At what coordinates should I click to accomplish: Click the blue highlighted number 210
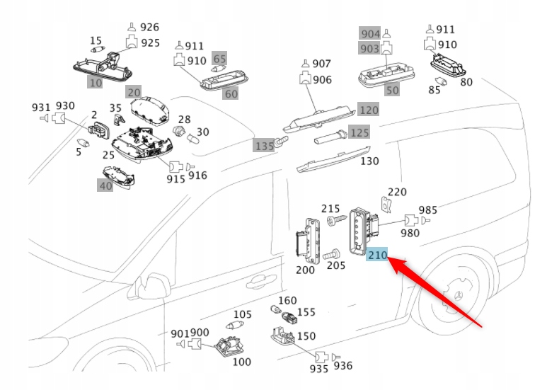tap(376, 256)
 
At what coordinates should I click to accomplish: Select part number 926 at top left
tap(149, 28)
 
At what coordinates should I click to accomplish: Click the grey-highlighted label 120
tap(369, 110)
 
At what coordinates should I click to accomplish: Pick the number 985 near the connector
tap(427, 210)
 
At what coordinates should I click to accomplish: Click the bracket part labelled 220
tap(387, 205)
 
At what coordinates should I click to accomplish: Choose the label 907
tap(322, 64)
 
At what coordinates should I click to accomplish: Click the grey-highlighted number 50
tap(391, 90)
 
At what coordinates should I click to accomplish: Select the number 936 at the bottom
tap(342, 365)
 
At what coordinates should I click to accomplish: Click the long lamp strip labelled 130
tap(333, 161)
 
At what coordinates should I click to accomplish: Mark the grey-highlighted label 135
tap(264, 145)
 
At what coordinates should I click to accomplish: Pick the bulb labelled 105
tap(232, 324)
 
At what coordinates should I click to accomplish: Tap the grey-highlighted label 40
tap(105, 185)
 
